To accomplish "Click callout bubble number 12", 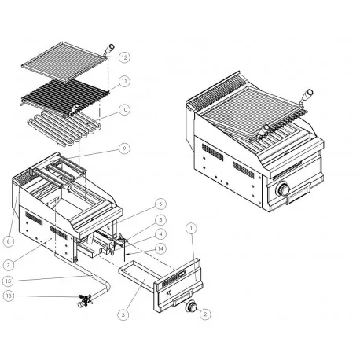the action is [124, 57].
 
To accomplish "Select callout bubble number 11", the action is [124, 81].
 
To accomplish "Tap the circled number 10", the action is [124, 109].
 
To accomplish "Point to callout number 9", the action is [124, 149].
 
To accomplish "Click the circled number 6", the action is [160, 204].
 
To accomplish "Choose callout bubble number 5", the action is [160, 219].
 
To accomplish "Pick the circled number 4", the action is [160, 234].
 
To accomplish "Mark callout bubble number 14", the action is [160, 248].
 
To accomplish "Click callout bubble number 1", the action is [191, 228].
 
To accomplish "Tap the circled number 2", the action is [205, 314].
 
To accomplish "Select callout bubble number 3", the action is [123, 314].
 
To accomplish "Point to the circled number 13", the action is [9, 296].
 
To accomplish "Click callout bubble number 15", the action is [8, 281].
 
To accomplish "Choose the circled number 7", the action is [9, 265].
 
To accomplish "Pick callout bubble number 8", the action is [9, 241].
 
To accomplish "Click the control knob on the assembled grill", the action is [284, 189].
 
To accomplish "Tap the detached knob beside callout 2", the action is [191, 307].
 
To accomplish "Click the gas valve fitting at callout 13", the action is [85, 300].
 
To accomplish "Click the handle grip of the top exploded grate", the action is [109, 49].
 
